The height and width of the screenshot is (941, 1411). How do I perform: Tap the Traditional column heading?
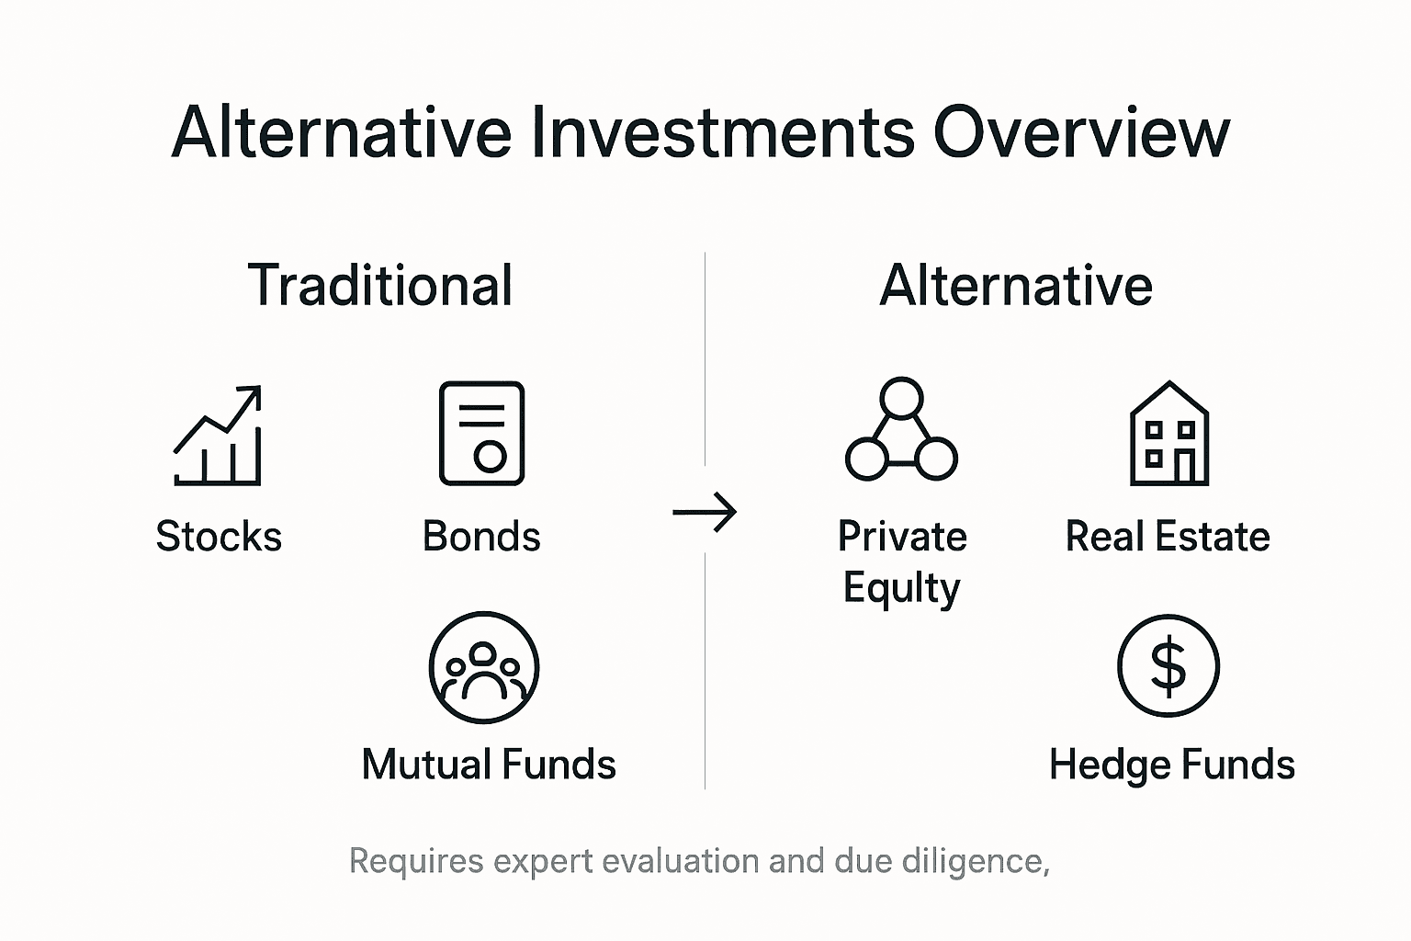[x=380, y=285]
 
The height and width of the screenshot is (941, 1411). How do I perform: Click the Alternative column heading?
[x=1016, y=285]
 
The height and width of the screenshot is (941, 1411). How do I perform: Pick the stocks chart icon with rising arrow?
[x=219, y=435]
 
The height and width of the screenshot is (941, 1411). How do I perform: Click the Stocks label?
[x=219, y=537]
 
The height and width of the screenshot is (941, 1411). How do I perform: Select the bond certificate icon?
[x=481, y=433]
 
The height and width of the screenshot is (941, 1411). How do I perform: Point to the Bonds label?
[x=481, y=537]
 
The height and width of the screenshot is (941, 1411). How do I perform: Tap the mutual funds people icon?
[x=484, y=668]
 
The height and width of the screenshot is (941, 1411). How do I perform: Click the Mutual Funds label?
[x=489, y=765]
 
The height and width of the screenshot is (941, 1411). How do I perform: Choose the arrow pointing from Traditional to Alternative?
[x=705, y=512]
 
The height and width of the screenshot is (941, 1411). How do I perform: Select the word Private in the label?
[x=902, y=537]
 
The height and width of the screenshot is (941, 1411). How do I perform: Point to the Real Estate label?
[x=1168, y=537]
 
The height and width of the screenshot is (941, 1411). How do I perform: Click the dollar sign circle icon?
[x=1168, y=666]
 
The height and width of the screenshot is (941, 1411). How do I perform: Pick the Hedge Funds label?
[x=1172, y=765]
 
